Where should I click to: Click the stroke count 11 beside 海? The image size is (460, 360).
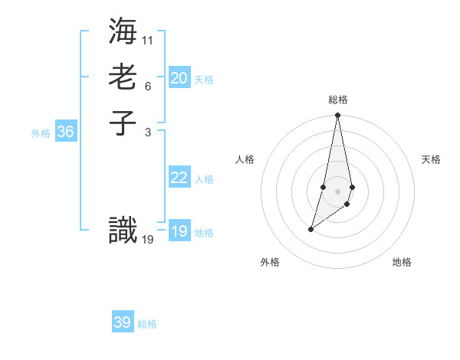pyautogui.click(x=148, y=39)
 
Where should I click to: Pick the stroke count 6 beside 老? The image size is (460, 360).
pyautogui.click(x=147, y=86)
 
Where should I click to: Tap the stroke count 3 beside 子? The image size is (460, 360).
pyautogui.click(x=147, y=132)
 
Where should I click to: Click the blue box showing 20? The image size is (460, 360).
pyautogui.click(x=179, y=78)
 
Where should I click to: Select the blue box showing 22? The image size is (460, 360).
pyautogui.click(x=179, y=178)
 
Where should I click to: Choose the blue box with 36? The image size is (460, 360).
pyautogui.click(x=65, y=132)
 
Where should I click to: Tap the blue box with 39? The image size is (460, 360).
pyautogui.click(x=123, y=322)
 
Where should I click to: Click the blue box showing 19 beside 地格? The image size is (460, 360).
pyautogui.click(x=179, y=231)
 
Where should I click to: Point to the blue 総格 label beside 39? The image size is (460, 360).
pyautogui.click(x=147, y=324)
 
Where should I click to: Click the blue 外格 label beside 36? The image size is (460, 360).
pyautogui.click(x=41, y=133)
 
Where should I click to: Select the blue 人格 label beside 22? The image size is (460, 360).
pyautogui.click(x=204, y=179)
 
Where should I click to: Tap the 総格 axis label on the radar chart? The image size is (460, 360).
pyautogui.click(x=338, y=100)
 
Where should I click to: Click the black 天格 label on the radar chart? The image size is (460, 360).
pyautogui.click(x=432, y=159)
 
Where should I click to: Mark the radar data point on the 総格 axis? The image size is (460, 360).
pyautogui.click(x=338, y=116)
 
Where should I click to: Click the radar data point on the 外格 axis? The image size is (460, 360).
pyautogui.click(x=311, y=229)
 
